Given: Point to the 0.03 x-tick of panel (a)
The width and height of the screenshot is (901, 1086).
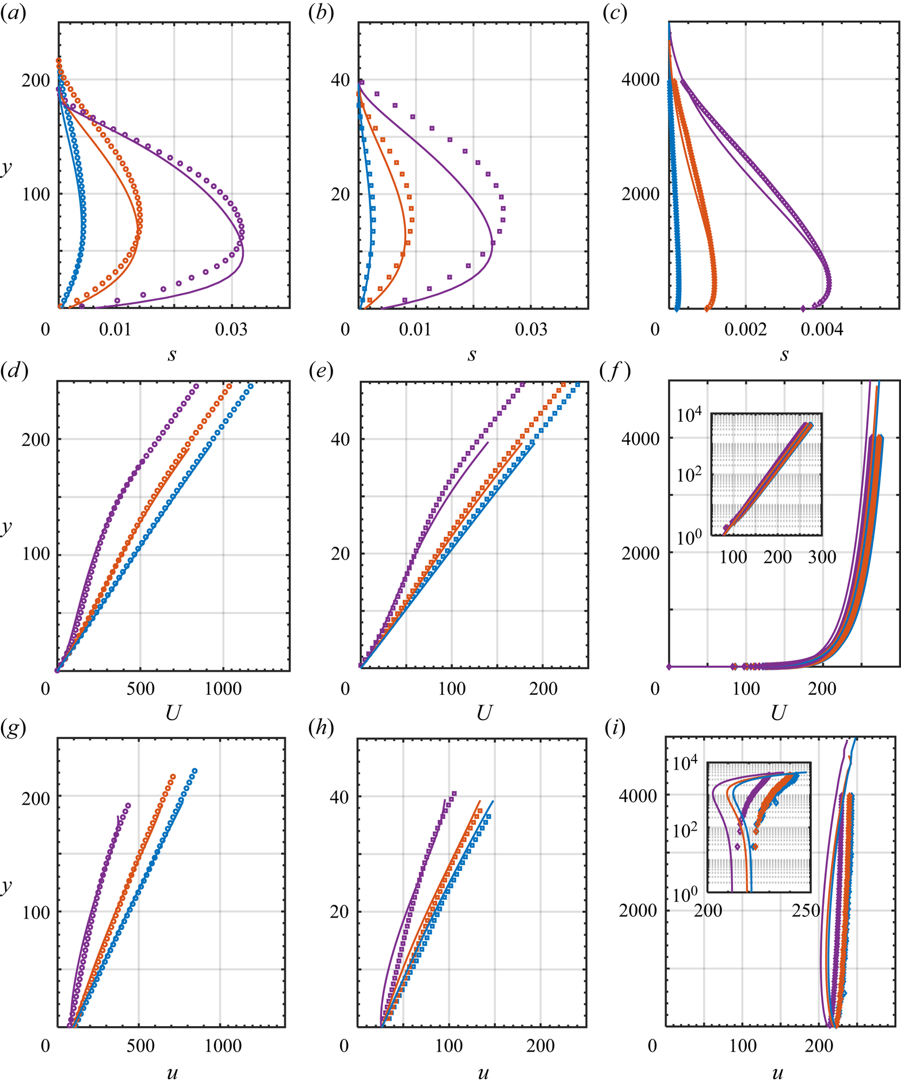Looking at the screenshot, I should tap(231, 330).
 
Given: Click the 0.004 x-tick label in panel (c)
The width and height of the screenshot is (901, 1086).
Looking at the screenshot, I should tap(823, 330).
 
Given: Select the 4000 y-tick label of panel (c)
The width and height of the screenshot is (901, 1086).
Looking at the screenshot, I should tap(640, 79).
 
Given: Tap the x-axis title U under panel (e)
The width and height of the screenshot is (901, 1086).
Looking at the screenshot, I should tap(484, 714).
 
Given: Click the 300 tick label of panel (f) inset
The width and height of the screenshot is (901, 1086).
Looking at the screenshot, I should tap(822, 557).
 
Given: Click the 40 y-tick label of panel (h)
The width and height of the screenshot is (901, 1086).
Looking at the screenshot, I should tap(339, 797).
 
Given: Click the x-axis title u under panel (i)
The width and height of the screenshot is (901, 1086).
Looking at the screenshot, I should tap(777, 1072).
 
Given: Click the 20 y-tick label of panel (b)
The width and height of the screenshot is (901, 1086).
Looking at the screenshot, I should tap(341, 194).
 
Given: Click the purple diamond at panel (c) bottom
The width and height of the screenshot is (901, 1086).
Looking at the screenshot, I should tap(804, 309).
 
